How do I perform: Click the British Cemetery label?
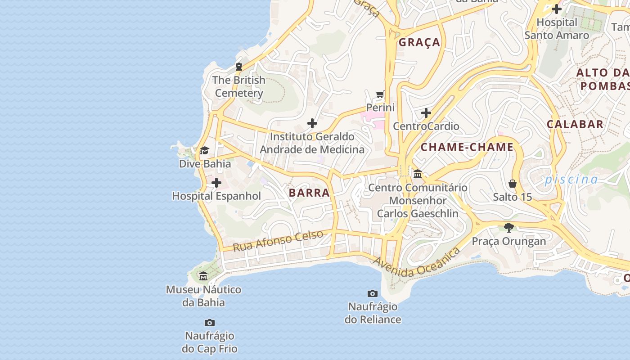click(x=238, y=86)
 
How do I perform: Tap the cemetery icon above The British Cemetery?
click(x=239, y=67)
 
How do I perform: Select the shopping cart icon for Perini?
click(x=380, y=94)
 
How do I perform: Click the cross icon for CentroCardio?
click(x=426, y=113)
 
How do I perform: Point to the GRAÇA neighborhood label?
click(x=419, y=42)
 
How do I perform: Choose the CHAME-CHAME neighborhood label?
click(x=467, y=147)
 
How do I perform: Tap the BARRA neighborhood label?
click(x=309, y=193)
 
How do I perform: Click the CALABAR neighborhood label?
click(x=575, y=124)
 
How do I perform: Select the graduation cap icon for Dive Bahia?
click(x=205, y=150)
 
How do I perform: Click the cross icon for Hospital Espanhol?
click(x=216, y=183)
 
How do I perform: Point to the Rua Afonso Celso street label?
click(x=278, y=241)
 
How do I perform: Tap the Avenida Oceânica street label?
click(x=417, y=263)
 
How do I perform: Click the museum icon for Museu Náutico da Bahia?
click(x=203, y=276)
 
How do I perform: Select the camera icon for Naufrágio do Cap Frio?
click(x=210, y=323)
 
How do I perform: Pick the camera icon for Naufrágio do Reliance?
click(x=373, y=294)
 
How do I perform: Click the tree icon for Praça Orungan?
click(x=509, y=228)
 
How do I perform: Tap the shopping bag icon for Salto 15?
click(x=512, y=184)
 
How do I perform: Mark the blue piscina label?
click(x=571, y=180)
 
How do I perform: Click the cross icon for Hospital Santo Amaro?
click(x=557, y=9)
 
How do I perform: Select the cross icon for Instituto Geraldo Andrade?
click(x=312, y=123)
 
